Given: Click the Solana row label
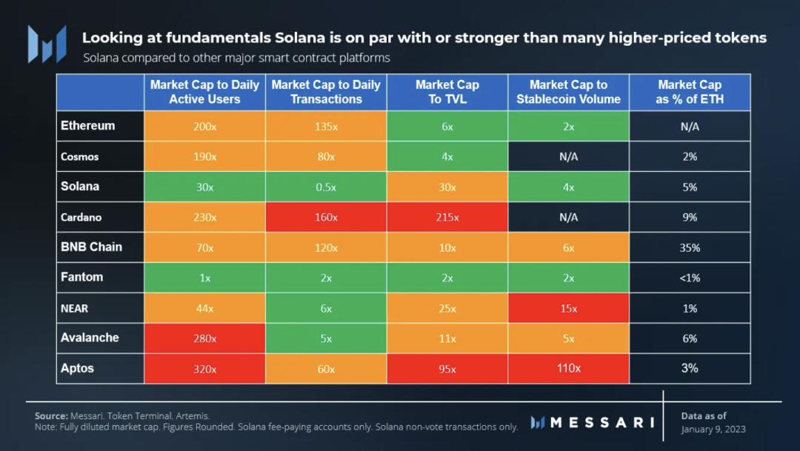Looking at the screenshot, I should pyautogui.click(x=80, y=187).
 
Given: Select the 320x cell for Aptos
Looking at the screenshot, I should pyautogui.click(x=204, y=369).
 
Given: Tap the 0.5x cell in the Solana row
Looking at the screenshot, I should pyautogui.click(x=326, y=187).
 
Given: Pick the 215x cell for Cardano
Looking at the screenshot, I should pyautogui.click(x=447, y=218).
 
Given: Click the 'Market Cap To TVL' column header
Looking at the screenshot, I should pyautogui.click(x=447, y=92).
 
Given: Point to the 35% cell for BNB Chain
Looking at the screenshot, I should pyautogui.click(x=690, y=248).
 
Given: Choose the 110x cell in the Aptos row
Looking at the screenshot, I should pyautogui.click(x=569, y=369).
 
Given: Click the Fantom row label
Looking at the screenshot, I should pyautogui.click(x=81, y=278).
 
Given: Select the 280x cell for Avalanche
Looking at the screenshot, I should pyautogui.click(x=204, y=338).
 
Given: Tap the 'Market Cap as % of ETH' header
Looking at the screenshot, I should pyautogui.click(x=690, y=92).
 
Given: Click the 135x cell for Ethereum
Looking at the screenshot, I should pyautogui.click(x=326, y=127).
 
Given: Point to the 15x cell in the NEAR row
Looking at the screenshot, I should pyautogui.click(x=569, y=308).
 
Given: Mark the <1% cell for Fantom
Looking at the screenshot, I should pyautogui.click(x=690, y=278).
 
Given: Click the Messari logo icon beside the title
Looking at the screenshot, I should pyautogui.click(x=47, y=44).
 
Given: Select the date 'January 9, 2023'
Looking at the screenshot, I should pyautogui.click(x=713, y=430).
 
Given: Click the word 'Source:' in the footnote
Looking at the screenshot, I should pyautogui.click(x=51, y=416).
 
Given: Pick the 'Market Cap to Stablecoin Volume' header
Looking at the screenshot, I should pyautogui.click(x=569, y=92).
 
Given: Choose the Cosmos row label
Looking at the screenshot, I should pyautogui.click(x=79, y=157).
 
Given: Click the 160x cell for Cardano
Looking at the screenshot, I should pyautogui.click(x=326, y=218).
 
